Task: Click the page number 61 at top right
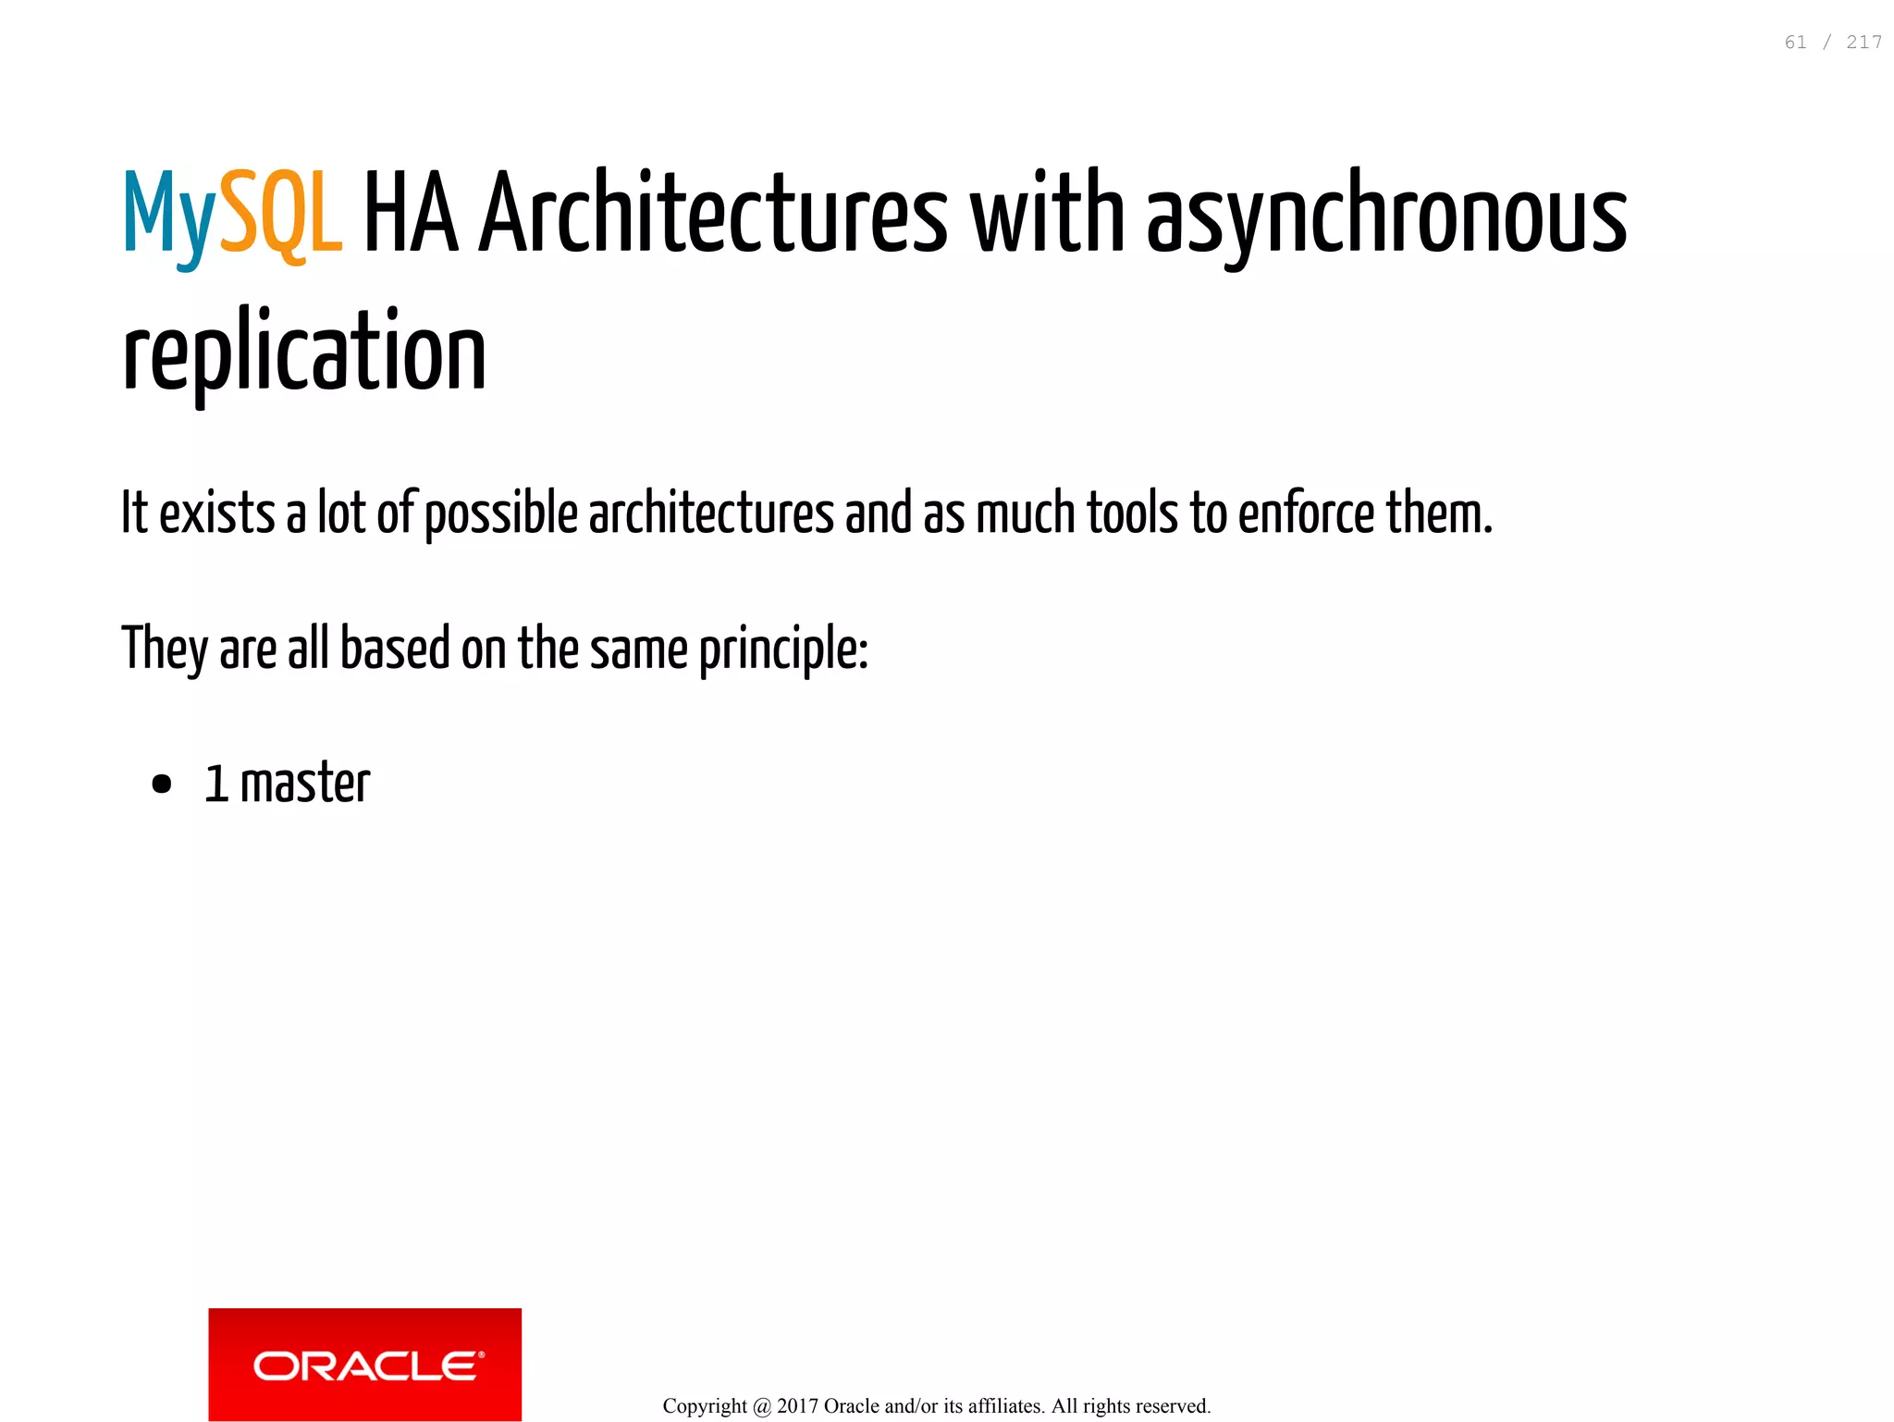[1795, 43]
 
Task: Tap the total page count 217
[1863, 43]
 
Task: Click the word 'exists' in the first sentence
[216, 514]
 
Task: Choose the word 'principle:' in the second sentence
[783, 649]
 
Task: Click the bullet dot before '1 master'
[162, 785]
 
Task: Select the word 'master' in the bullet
[305, 784]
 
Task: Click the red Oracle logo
[364, 1364]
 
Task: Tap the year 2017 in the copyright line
[797, 1406]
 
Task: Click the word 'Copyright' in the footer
[705, 1406]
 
